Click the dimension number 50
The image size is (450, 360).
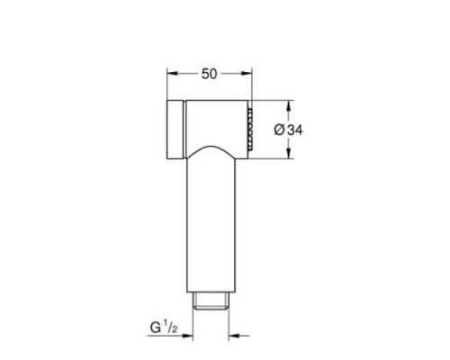209,74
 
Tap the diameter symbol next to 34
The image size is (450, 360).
279,130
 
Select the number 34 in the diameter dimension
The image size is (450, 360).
295,130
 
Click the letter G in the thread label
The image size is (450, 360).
156,328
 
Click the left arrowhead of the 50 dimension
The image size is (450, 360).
173,74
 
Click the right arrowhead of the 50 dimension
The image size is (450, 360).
247,74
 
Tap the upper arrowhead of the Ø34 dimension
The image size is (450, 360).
289,105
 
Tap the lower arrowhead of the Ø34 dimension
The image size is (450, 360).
289,153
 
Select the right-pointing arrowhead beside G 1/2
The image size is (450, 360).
187,336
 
